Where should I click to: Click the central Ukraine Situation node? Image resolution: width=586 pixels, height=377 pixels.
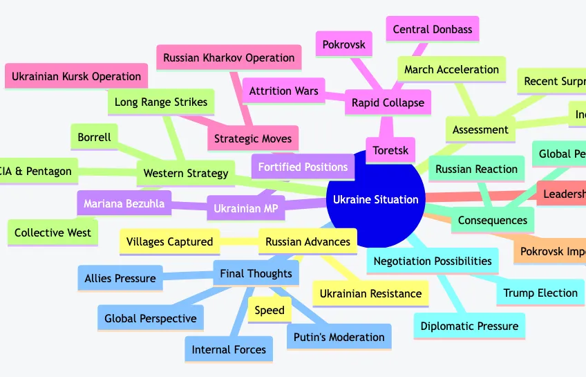[375, 199]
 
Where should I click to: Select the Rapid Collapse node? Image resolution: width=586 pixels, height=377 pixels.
[388, 103]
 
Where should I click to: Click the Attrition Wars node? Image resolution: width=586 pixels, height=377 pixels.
[284, 91]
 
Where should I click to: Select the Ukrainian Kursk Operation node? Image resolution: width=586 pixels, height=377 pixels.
[76, 76]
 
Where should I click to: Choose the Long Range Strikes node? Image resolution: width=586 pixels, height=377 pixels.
[161, 102]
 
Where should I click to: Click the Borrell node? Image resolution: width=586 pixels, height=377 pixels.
[94, 137]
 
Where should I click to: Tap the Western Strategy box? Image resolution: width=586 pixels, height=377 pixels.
[185, 173]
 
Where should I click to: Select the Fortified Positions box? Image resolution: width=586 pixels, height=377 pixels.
[303, 167]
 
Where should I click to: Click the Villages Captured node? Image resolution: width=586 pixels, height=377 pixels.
[169, 242]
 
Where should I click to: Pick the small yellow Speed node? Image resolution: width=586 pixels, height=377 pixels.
[270, 310]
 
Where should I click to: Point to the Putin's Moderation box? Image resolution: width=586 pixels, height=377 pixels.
[339, 337]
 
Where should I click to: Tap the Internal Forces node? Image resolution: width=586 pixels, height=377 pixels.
[229, 349]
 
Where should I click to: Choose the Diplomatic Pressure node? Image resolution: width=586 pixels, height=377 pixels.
[469, 326]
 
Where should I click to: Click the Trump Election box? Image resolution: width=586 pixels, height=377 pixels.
[540, 293]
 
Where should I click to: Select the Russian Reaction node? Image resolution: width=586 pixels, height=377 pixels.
[477, 169]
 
